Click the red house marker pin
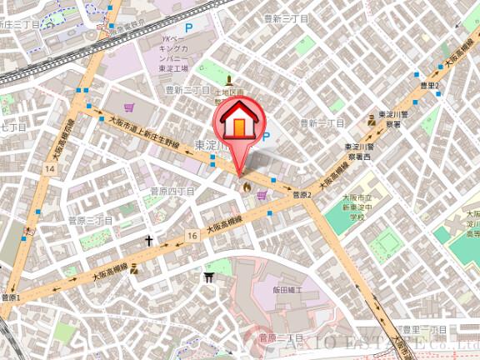[x=238, y=125]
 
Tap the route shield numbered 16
[x=193, y=237]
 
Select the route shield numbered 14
[x=52, y=169]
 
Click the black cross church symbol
[x=149, y=241]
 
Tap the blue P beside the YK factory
[x=187, y=28]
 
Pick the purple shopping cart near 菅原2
[x=263, y=195]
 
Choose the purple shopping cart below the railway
[x=129, y=107]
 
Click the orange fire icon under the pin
[x=246, y=187]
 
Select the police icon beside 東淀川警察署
[x=372, y=120]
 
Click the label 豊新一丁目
[x=321, y=123]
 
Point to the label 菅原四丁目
[x=172, y=192]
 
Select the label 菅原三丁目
[x=90, y=221]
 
